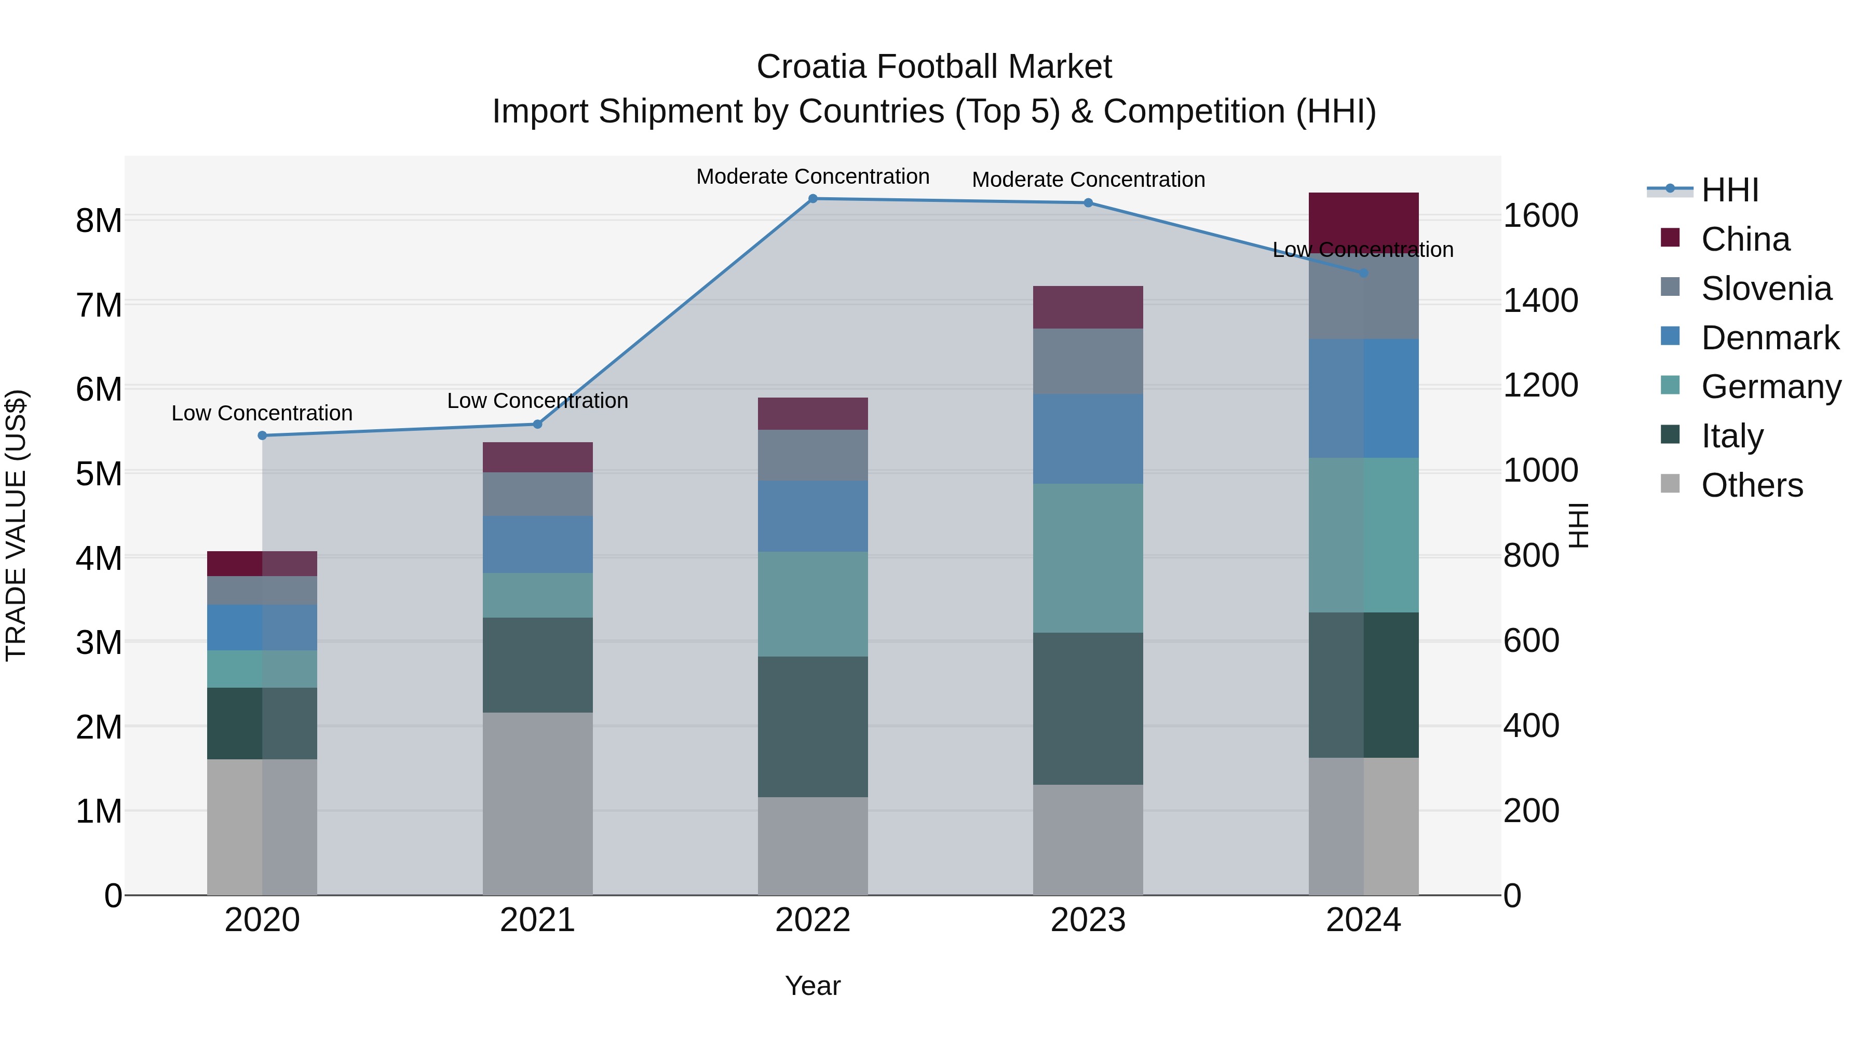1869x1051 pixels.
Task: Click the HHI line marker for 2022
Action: (812, 199)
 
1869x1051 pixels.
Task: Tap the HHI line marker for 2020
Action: (263, 435)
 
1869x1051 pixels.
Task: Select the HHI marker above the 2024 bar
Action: (1363, 272)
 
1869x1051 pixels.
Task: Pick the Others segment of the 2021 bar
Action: (538, 803)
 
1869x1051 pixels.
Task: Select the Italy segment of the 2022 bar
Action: (812, 726)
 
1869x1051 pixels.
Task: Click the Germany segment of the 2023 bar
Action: (1088, 558)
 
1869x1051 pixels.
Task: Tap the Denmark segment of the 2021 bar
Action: (538, 544)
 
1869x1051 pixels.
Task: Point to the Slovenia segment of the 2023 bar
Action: (1088, 361)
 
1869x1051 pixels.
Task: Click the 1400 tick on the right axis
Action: (1540, 301)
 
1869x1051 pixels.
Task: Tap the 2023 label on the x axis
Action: (1088, 920)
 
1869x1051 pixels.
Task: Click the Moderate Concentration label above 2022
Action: (812, 177)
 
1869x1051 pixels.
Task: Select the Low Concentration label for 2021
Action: (538, 400)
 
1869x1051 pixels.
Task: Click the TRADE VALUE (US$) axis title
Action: (16, 525)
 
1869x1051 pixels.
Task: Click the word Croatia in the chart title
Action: (812, 67)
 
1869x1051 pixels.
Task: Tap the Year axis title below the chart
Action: (812, 986)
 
